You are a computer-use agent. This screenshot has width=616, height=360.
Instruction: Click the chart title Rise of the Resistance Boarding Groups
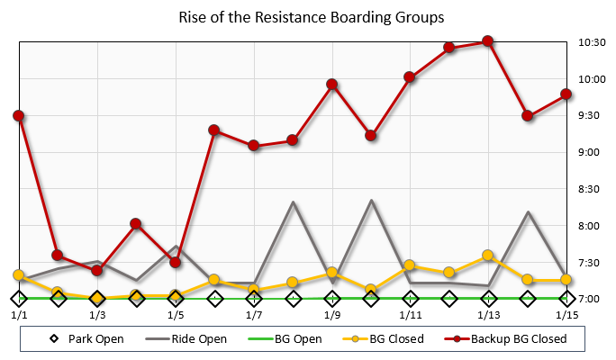point(311,17)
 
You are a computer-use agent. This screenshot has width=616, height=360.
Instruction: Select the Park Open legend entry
point(85,339)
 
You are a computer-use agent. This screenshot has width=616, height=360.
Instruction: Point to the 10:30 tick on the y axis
point(590,42)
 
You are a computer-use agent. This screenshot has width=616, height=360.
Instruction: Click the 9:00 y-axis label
point(590,152)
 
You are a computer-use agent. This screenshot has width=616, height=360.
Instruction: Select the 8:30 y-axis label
point(590,189)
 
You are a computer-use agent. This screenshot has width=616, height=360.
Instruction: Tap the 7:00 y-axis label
point(590,299)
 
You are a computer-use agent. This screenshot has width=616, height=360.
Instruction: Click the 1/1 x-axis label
point(19,315)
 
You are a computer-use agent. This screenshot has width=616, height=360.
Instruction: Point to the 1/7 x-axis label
point(254,315)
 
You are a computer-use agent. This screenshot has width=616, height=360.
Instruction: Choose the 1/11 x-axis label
point(410,315)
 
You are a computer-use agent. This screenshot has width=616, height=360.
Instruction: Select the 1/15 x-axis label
point(566,315)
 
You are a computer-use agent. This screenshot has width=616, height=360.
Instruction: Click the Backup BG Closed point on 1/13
point(488,41)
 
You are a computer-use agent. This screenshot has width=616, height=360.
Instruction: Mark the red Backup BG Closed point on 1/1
point(19,116)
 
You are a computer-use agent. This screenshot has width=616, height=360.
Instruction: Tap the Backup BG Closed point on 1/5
point(176,263)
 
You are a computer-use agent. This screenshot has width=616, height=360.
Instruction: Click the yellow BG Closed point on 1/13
point(488,256)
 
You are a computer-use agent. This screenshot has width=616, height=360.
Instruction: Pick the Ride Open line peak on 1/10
point(371,200)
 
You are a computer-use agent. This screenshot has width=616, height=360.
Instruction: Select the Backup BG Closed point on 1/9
point(331,85)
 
